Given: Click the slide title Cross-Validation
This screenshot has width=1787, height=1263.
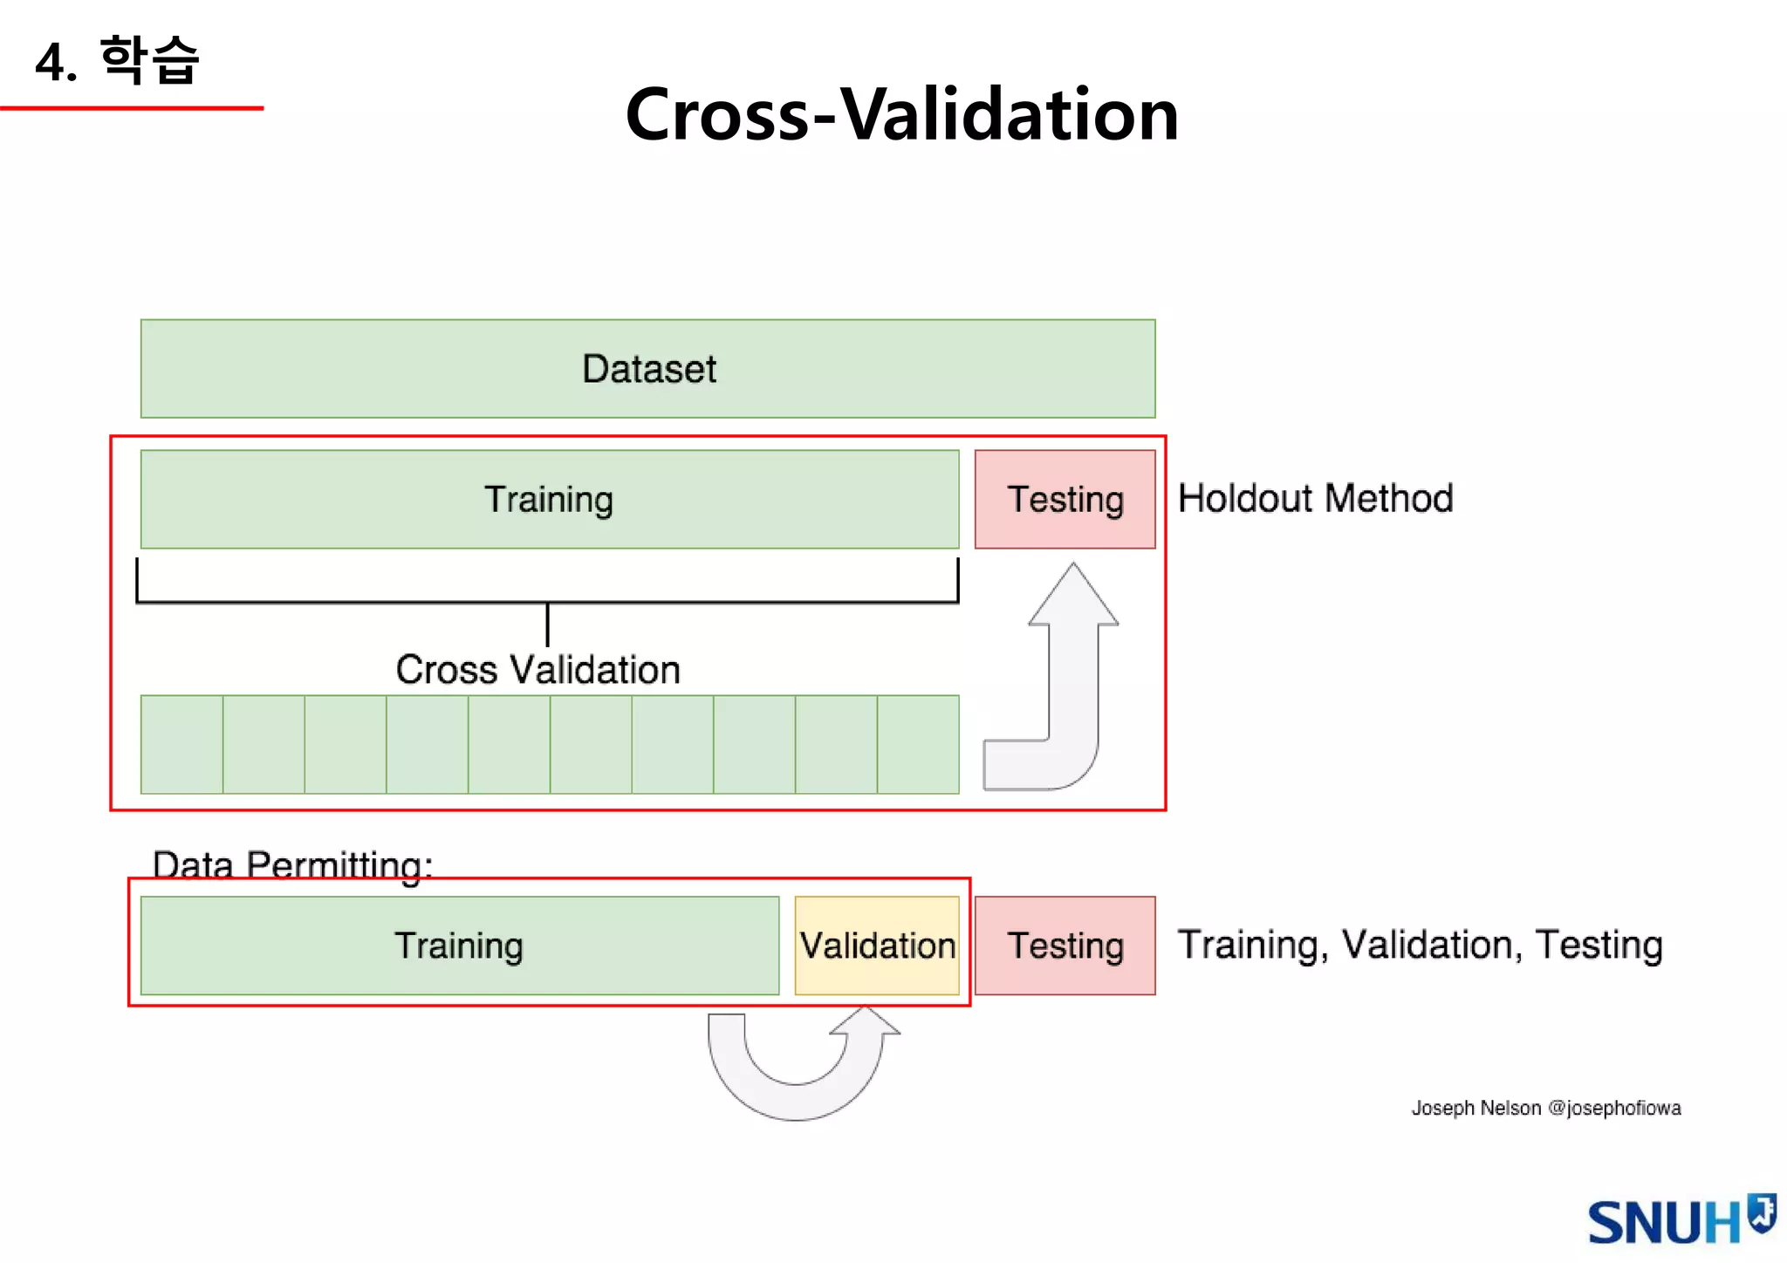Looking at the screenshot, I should pyautogui.click(x=901, y=114).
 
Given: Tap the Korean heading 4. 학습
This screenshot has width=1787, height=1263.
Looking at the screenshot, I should pyautogui.click(x=118, y=61).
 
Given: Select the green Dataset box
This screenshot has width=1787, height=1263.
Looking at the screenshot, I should pyautogui.click(x=647, y=369).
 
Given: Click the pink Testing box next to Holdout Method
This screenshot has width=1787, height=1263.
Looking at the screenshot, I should pyautogui.click(x=1065, y=500).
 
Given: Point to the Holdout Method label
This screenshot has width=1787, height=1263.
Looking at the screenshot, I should pyautogui.click(x=1315, y=499).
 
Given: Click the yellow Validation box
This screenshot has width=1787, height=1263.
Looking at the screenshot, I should pyautogui.click(x=877, y=946).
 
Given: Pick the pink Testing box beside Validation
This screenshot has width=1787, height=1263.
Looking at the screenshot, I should pyautogui.click(x=1065, y=946).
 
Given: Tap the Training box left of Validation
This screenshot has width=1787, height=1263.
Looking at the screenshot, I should pyautogui.click(x=459, y=946).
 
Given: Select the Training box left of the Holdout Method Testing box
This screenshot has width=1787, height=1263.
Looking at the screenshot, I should pyautogui.click(x=549, y=500).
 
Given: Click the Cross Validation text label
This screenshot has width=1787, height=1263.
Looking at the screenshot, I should pyautogui.click(x=537, y=670).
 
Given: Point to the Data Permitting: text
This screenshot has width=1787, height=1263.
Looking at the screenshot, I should pyautogui.click(x=292, y=864).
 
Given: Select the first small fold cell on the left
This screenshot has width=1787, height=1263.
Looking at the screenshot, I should pyautogui.click(x=181, y=744).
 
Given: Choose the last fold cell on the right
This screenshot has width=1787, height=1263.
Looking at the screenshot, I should pyautogui.click(x=918, y=744).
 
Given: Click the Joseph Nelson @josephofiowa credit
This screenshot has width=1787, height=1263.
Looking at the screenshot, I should pyautogui.click(x=1546, y=1108).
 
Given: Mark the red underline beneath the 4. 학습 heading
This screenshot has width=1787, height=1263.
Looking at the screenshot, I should pyautogui.click(x=131, y=108).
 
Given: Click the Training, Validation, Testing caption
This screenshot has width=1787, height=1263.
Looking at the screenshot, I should pyautogui.click(x=1420, y=946).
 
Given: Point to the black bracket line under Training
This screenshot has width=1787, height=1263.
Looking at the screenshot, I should pyautogui.click(x=547, y=602).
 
